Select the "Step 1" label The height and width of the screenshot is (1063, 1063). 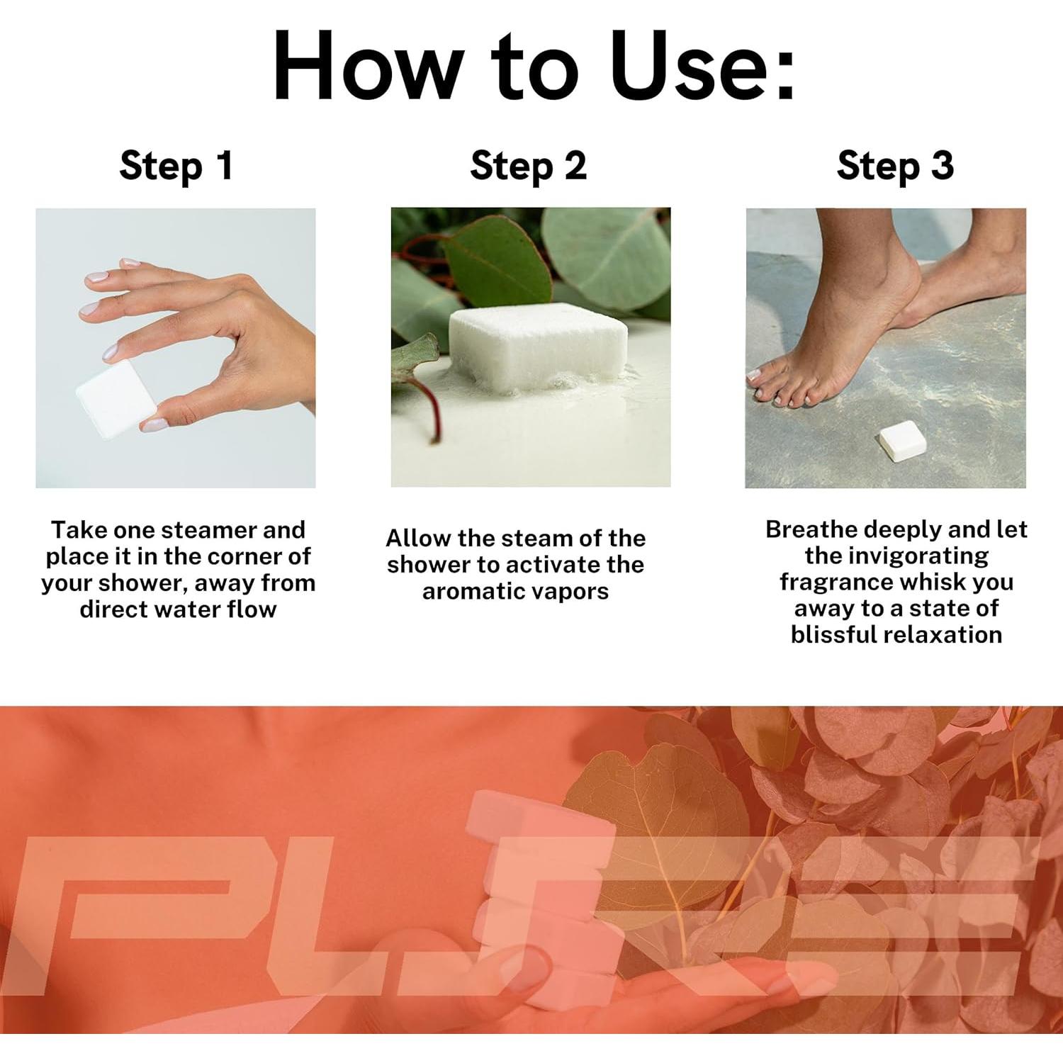pyautogui.click(x=176, y=167)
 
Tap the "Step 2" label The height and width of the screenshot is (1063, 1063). pyautogui.click(x=529, y=167)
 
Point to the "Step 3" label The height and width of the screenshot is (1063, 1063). pyautogui.click(x=895, y=167)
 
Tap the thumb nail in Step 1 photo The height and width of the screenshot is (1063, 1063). pyautogui.click(x=154, y=424)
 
